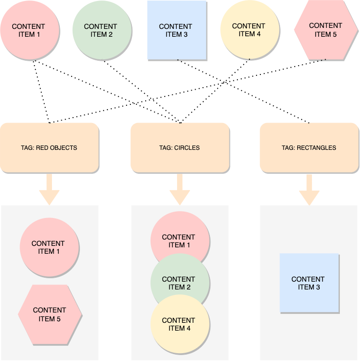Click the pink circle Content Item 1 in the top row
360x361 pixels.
29,30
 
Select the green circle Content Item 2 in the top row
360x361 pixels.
102,30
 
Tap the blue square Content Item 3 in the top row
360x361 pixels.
177,30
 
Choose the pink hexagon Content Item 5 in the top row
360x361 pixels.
326,30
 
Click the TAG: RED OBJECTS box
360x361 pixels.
49,147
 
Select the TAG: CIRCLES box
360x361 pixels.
180,147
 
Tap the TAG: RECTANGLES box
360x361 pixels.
309,147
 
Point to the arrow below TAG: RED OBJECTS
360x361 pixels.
49,190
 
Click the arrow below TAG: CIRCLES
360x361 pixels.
180,190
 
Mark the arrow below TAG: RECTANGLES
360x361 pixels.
309,190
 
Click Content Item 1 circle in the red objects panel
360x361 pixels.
49,247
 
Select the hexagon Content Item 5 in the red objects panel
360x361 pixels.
50,314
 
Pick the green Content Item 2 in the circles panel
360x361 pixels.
180,283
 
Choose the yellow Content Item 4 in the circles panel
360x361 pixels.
180,326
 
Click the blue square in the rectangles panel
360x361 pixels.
309,283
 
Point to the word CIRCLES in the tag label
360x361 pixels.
187,147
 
